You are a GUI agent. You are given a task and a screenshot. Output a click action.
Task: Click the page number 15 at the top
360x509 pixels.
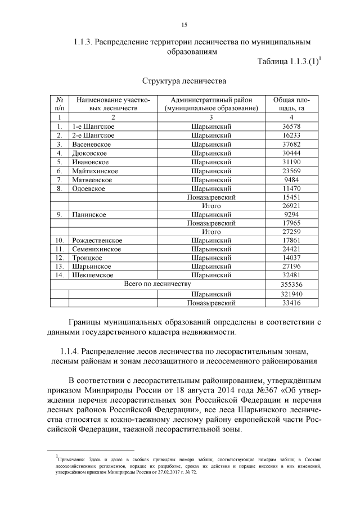(x=184, y=25)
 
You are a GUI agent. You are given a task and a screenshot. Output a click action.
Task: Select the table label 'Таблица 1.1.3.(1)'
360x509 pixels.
(x=288, y=62)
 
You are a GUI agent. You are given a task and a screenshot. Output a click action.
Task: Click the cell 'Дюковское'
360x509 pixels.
(x=89, y=153)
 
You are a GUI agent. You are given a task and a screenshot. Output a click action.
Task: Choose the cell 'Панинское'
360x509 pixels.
(x=89, y=214)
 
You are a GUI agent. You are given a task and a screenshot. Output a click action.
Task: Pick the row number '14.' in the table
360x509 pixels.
(x=59, y=275)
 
